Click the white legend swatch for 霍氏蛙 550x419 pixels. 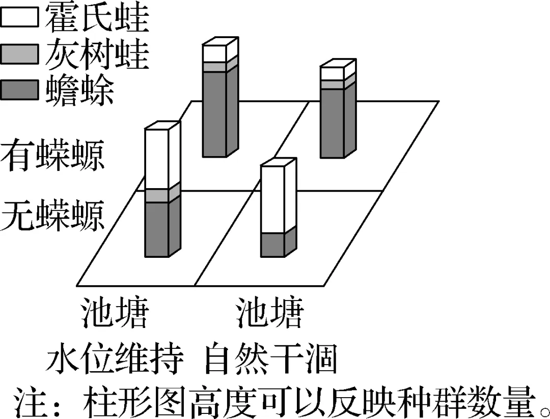tap(19, 18)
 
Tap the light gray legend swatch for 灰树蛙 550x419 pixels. tap(19, 54)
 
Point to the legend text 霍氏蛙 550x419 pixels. tap(97, 18)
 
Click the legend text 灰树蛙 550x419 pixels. tap(97, 54)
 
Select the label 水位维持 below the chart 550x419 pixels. tap(115, 361)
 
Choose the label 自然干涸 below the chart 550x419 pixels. tap(271, 361)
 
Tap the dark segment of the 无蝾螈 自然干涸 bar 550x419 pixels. tap(273, 246)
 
